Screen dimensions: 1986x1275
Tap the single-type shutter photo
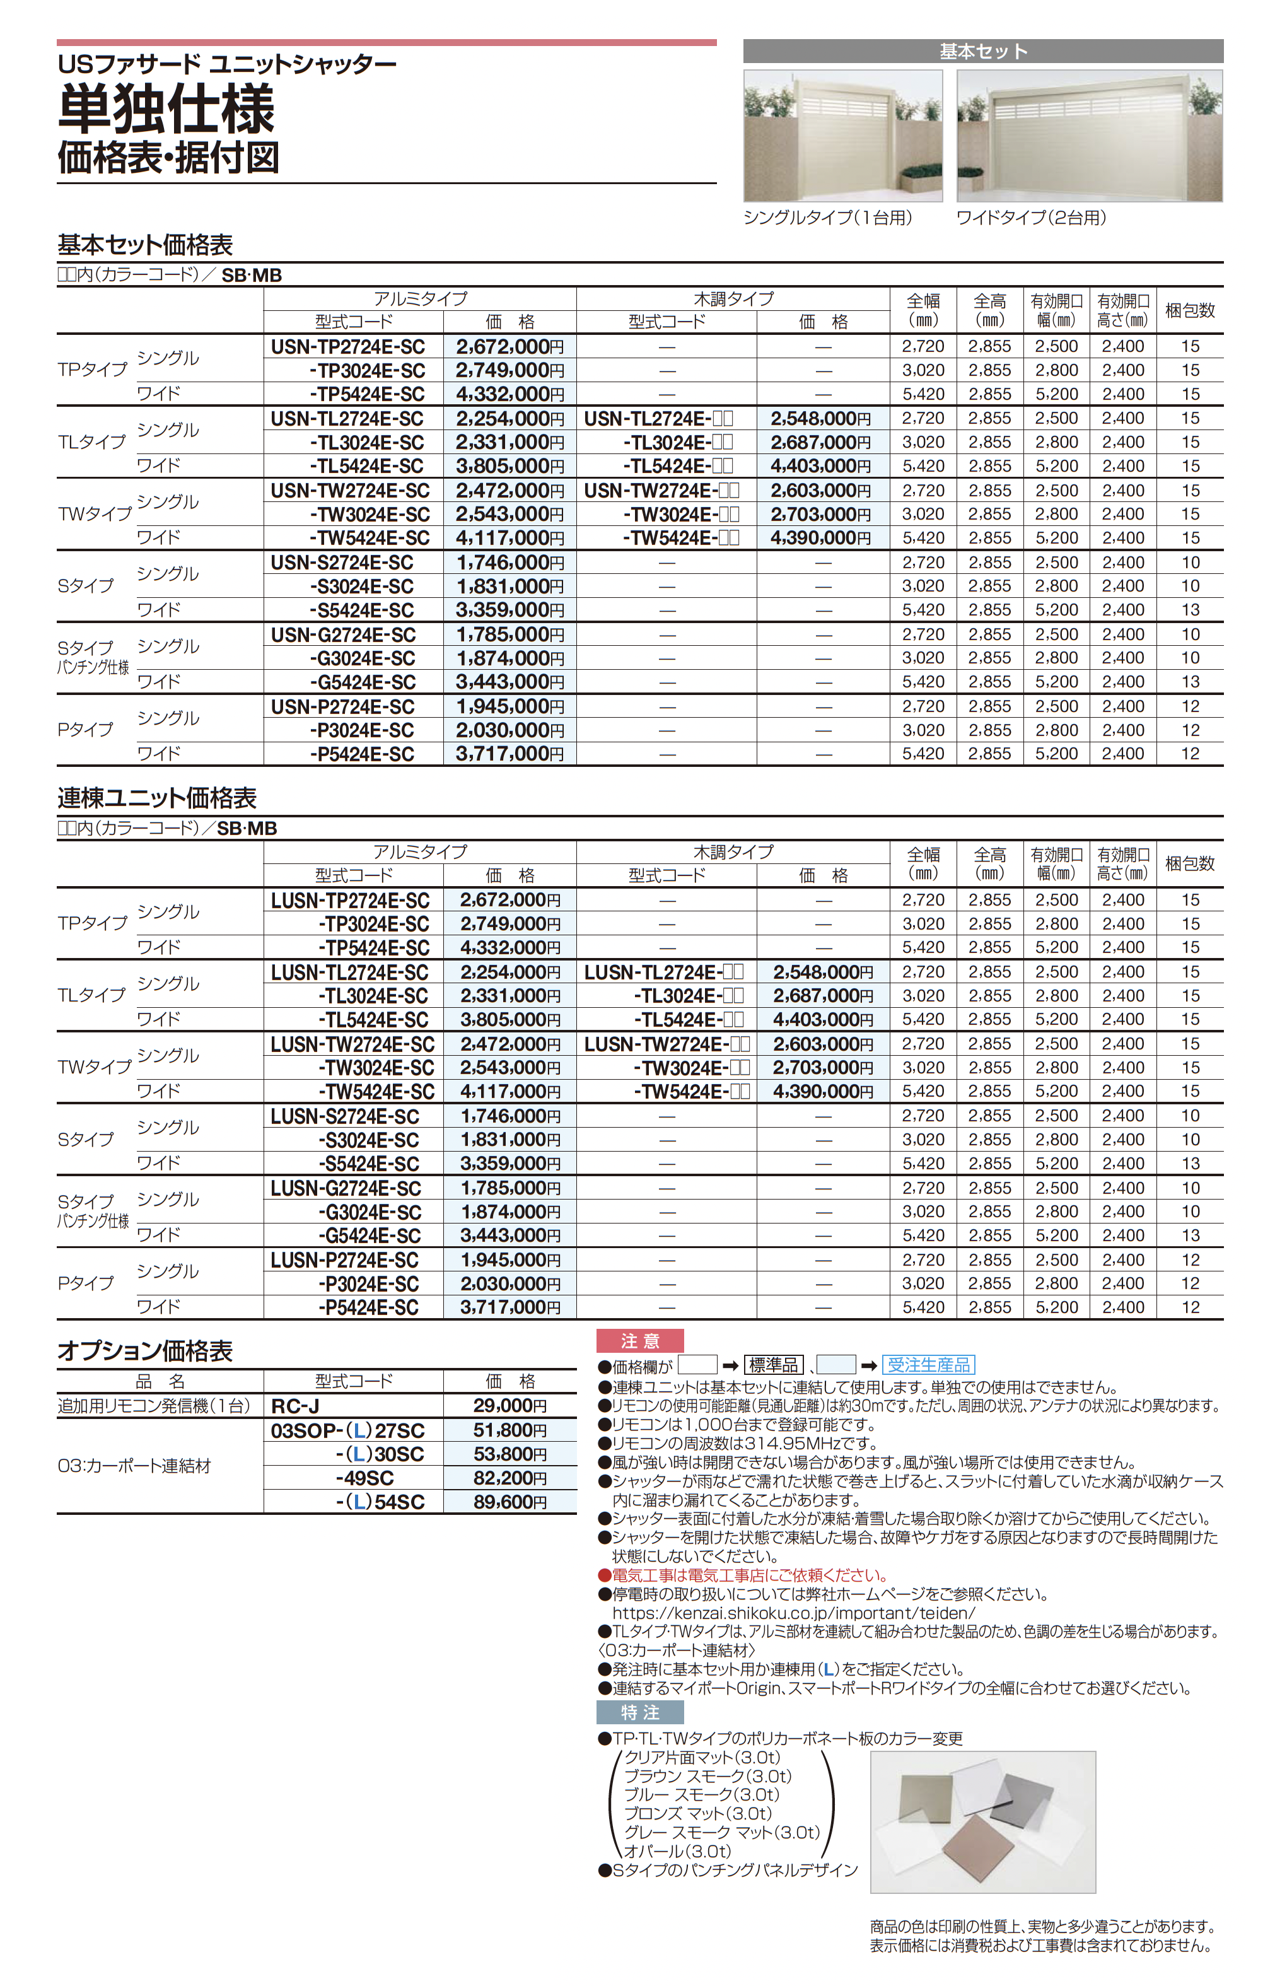point(843,136)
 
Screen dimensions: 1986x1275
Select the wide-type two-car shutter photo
point(1089,136)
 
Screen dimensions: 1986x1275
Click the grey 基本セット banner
point(983,51)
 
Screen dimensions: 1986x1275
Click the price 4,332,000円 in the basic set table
point(509,394)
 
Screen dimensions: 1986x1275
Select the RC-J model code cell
point(296,1406)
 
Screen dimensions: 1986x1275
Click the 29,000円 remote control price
point(509,1406)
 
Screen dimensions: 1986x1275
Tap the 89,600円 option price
point(509,1502)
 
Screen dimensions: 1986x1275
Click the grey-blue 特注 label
point(640,1712)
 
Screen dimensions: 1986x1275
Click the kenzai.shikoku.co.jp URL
point(793,1613)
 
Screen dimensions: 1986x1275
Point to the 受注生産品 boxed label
point(928,1365)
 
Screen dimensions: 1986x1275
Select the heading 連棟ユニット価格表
point(157,798)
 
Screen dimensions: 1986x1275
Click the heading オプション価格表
point(145,1351)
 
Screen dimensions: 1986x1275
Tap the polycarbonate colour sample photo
point(983,1821)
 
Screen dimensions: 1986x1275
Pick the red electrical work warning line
point(749,1575)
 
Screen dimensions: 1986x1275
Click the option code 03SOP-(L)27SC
point(347,1430)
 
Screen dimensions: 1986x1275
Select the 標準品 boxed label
point(773,1365)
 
